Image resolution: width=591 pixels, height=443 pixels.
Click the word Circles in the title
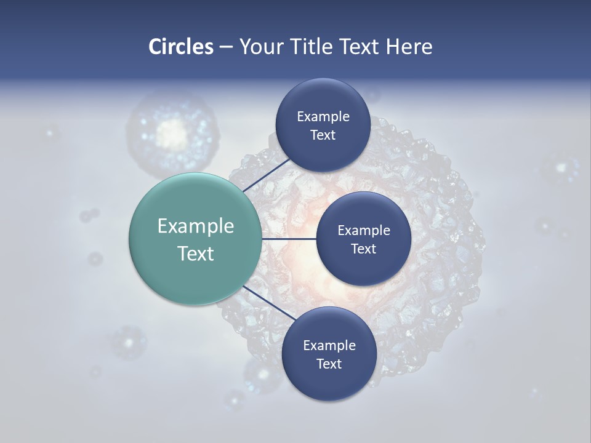pyautogui.click(x=180, y=47)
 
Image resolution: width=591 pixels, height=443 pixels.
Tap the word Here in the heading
pyautogui.click(x=409, y=47)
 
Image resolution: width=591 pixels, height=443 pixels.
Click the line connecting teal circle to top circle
pyautogui.click(x=267, y=175)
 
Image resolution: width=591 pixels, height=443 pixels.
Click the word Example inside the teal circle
pyautogui.click(x=195, y=226)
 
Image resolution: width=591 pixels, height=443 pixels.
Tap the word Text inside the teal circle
pyautogui.click(x=195, y=253)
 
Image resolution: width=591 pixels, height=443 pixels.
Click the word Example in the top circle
pyautogui.click(x=323, y=117)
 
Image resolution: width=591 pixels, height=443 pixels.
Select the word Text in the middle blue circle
pyautogui.click(x=363, y=249)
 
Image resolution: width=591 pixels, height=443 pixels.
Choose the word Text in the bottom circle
pyautogui.click(x=329, y=364)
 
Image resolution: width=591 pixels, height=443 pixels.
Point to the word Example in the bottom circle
pyautogui.click(x=329, y=345)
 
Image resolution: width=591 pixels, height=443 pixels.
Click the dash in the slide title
pyautogui.click(x=226, y=47)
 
